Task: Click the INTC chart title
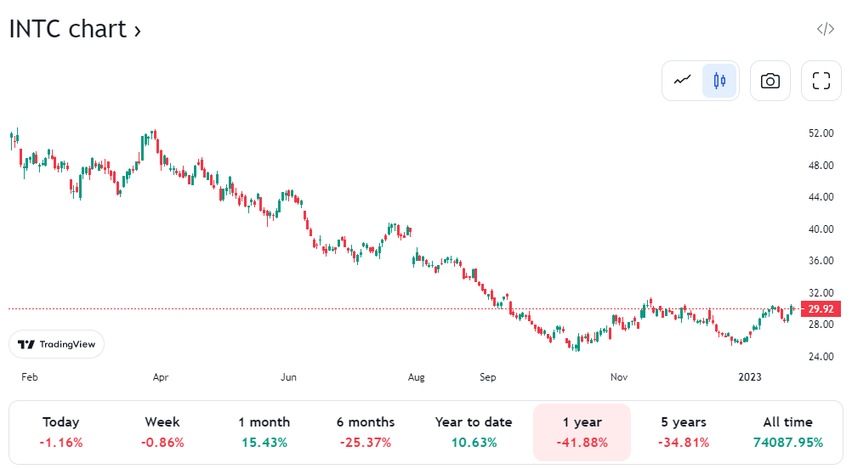point(75,30)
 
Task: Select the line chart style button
point(683,81)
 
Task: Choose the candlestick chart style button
point(719,81)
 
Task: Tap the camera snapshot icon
point(770,81)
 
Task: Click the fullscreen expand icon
point(821,81)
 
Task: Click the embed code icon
point(825,29)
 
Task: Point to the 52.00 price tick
point(820,133)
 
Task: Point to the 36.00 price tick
point(820,261)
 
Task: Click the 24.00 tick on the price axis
point(820,357)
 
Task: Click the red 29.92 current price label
point(821,308)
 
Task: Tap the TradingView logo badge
point(57,344)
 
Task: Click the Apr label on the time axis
point(160,376)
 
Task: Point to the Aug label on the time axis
point(416,376)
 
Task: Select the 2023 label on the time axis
point(749,376)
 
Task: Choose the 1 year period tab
point(582,432)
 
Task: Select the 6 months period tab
point(365,432)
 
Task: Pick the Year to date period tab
point(474,432)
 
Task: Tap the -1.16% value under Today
point(60,443)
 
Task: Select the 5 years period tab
point(683,432)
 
